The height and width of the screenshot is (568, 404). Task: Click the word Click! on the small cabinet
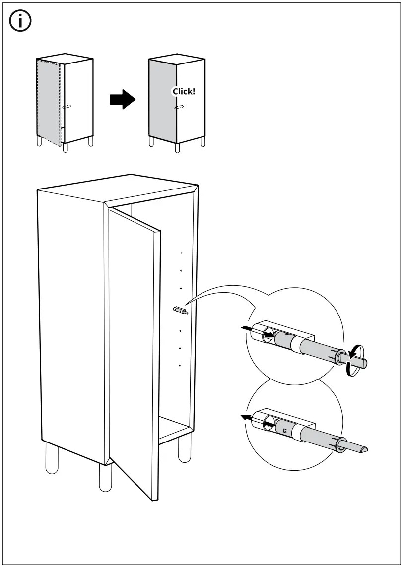point(184,91)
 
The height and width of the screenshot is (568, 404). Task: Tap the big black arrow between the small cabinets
point(122,100)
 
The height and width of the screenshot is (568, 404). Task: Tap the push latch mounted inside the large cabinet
point(180,311)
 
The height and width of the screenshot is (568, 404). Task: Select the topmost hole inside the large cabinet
point(182,253)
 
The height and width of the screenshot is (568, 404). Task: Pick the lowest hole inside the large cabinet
point(179,366)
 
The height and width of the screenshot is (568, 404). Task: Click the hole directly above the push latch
point(181,288)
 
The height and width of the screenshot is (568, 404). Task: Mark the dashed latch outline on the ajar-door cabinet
point(67,106)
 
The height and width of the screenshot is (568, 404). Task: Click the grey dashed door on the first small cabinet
point(48,102)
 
